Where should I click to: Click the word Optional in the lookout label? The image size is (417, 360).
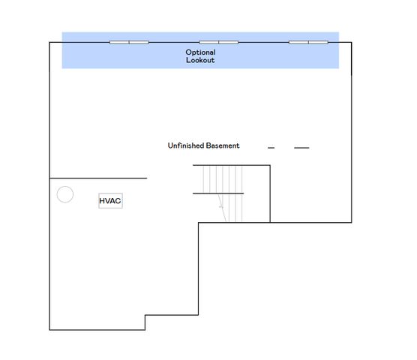click(x=200, y=52)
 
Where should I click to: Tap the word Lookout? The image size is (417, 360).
click(x=200, y=60)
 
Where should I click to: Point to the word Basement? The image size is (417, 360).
click(x=223, y=145)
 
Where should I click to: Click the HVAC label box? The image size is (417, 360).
click(x=110, y=201)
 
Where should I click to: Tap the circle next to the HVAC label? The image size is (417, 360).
click(x=65, y=195)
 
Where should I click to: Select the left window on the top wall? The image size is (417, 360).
click(x=129, y=42)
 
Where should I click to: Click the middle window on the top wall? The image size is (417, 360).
click(x=219, y=42)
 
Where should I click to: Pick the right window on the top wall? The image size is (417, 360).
click(x=308, y=42)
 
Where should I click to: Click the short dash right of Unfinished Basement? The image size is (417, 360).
click(x=271, y=148)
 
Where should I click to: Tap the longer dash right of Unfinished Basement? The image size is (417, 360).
click(x=301, y=148)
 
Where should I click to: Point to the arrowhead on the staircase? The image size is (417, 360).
click(x=221, y=206)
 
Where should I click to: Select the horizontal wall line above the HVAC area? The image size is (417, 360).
click(x=97, y=178)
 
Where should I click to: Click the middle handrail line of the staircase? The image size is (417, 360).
click(x=218, y=193)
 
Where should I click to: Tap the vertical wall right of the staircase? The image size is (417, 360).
click(x=270, y=193)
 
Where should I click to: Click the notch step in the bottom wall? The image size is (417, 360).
click(x=145, y=322)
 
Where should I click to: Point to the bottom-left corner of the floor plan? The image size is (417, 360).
click(x=50, y=329)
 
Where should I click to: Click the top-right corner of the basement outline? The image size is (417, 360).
click(x=350, y=43)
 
